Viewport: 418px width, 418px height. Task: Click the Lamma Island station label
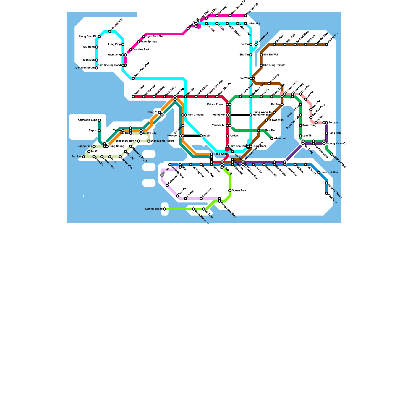(154, 209)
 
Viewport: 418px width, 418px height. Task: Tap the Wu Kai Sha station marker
(327, 44)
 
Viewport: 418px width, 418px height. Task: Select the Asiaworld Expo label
(88, 120)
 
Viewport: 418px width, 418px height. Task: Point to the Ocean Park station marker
(230, 191)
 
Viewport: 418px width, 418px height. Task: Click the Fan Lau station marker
(84, 157)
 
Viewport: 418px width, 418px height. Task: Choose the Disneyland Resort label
(162, 141)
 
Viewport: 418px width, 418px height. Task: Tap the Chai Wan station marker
(327, 193)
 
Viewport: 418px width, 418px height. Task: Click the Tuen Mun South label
(84, 68)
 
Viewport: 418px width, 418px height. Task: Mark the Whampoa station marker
(272, 138)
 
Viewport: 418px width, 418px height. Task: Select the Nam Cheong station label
(195, 115)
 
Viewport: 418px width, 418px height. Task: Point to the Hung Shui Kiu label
(88, 37)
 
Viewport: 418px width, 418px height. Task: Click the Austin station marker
(201, 136)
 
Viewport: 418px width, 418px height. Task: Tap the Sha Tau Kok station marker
(246, 16)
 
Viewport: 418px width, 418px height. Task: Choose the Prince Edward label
(216, 104)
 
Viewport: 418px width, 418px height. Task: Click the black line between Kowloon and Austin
(192, 136)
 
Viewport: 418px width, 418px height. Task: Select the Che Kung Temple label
(274, 65)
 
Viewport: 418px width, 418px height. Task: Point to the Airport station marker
(99, 131)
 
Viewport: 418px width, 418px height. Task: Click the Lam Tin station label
(307, 136)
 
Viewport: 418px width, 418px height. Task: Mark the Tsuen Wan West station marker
(133, 78)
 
